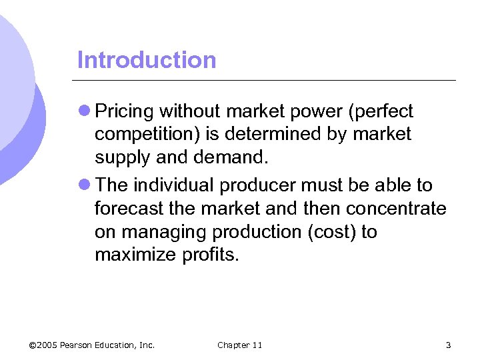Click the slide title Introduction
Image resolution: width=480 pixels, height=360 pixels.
tap(147, 60)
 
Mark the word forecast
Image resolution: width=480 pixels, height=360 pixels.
tap(126, 209)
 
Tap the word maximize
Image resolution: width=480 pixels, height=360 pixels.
tap(136, 256)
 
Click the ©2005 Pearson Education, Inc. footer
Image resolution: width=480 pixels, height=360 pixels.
tap(92, 345)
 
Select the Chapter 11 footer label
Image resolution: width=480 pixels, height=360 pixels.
tap(240, 345)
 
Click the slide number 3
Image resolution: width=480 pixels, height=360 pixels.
tap(448, 345)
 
